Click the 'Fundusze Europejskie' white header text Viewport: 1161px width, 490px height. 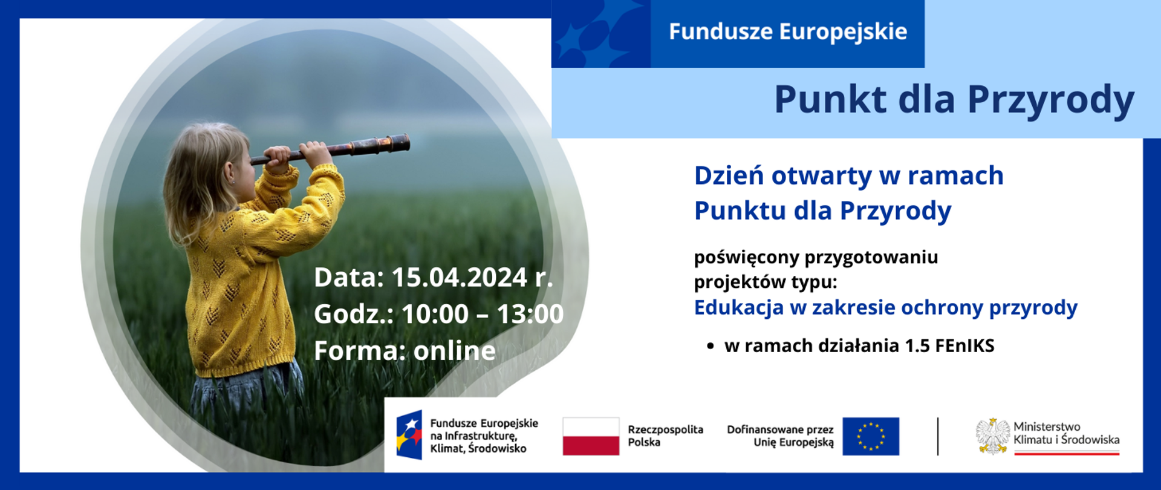coord(787,32)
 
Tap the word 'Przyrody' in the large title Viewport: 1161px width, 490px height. coord(1050,100)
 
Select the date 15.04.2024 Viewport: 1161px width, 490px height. coord(460,278)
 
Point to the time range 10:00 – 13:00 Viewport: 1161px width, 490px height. coord(482,314)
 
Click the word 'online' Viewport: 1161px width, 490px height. coord(455,351)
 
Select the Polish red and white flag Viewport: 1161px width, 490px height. coord(591,436)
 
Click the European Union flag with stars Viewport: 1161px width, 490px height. coord(870,436)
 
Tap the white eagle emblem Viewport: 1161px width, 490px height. coord(992,436)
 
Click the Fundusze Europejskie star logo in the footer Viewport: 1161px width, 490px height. coord(409,435)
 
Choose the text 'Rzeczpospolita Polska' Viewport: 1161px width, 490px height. coord(665,436)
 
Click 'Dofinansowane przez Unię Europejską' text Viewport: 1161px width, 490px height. coord(780,436)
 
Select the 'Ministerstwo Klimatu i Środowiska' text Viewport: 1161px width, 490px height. coord(1065,433)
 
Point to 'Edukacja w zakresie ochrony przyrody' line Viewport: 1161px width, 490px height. coord(885,308)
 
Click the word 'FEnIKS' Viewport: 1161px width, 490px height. coord(964,346)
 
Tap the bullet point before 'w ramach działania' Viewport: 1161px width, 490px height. coord(711,347)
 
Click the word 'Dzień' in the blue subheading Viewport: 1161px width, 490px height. coord(728,176)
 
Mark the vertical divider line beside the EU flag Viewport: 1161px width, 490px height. coord(938,436)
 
